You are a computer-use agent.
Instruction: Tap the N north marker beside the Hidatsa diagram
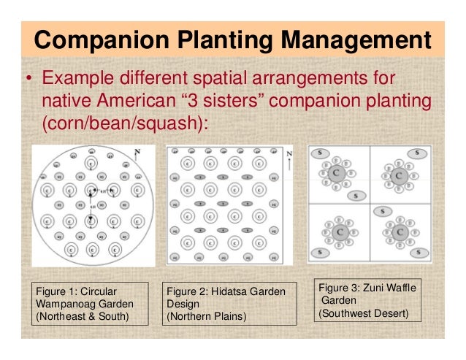pyautogui.click(x=289, y=155)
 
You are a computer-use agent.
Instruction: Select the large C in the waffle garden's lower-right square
pyautogui.click(x=400, y=232)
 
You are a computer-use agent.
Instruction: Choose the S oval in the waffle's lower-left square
pyautogui.click(x=319, y=253)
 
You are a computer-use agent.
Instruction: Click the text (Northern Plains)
pyautogui.click(x=207, y=316)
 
